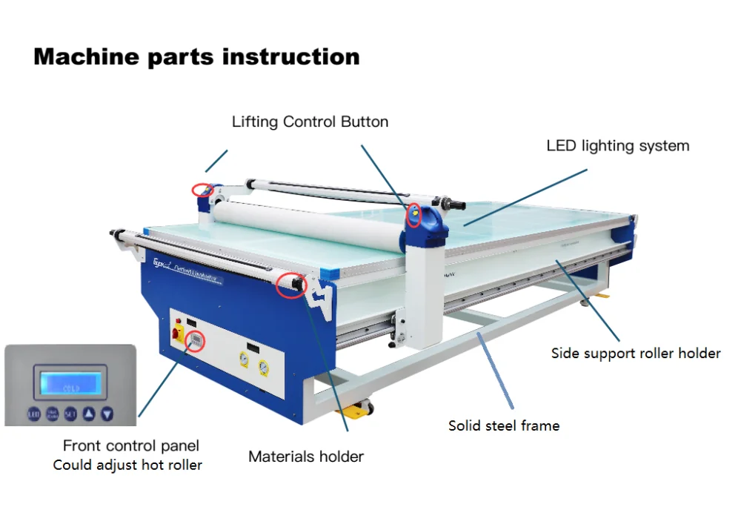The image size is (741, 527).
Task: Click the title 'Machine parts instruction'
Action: click(196, 57)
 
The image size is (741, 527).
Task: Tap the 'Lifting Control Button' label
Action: click(310, 122)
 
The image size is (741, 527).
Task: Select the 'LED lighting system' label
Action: click(617, 146)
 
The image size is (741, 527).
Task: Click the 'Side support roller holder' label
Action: click(635, 353)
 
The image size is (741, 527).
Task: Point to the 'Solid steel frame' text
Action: click(503, 425)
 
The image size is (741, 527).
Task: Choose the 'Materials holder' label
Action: click(305, 457)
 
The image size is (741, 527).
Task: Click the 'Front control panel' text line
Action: click(130, 445)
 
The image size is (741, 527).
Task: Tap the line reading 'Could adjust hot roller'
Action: click(127, 465)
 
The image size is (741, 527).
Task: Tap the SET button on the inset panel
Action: click(70, 414)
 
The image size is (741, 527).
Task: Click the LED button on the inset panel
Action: click(34, 414)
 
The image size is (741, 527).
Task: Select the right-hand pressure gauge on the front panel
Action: click(263, 366)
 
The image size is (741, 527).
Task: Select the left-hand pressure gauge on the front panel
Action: click(243, 359)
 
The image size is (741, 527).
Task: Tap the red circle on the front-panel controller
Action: click(196, 340)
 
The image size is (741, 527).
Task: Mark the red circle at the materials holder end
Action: click(290, 284)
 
